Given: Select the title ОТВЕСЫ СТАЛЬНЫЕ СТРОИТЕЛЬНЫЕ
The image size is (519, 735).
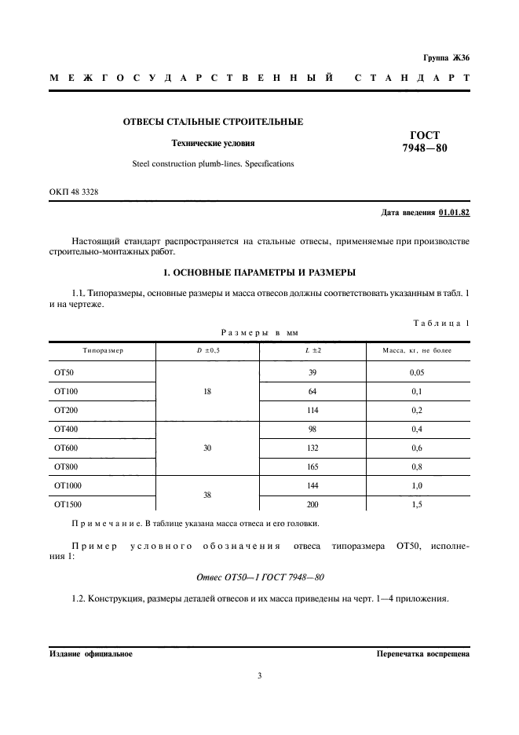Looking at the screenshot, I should coord(213,122).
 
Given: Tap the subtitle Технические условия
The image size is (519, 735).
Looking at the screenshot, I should coord(214,144).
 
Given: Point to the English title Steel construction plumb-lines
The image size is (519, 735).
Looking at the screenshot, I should coord(213,164).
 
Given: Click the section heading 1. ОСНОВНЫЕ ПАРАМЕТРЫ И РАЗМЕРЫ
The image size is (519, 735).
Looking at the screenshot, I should coord(259,272).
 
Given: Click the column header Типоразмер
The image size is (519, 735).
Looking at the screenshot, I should coord(102,349).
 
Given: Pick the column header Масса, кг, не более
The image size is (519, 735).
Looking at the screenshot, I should coord(417,349).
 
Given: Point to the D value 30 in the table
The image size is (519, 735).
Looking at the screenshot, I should coord(207,448).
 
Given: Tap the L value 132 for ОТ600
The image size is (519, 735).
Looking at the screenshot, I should coord(313,448).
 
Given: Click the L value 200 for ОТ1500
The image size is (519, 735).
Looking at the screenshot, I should coord(313,505).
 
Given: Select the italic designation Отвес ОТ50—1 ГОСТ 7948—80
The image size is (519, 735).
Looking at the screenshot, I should coord(259,577).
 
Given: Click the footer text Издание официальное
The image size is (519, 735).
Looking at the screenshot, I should coord(91,653).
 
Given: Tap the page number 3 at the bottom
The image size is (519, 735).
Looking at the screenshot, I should coord(259,675).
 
